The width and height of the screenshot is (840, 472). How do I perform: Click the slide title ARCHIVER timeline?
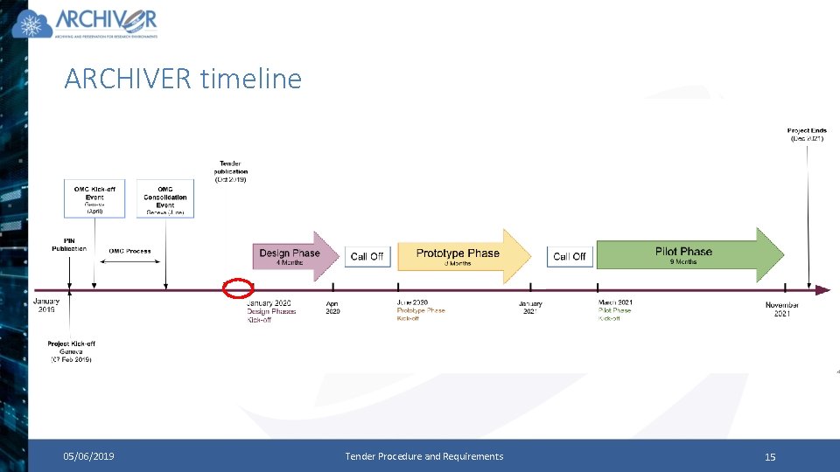tap(183, 79)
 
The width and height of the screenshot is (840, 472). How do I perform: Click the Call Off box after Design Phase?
tap(367, 256)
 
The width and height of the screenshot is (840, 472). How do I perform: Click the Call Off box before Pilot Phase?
tap(569, 256)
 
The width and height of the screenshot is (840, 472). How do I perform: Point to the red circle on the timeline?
tap(238, 288)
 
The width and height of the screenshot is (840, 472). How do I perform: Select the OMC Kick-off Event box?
tap(94, 198)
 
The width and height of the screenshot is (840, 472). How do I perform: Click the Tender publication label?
tap(231, 171)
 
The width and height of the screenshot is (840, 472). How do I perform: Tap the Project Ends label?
tap(807, 135)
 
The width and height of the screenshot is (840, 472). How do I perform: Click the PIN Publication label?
tap(69, 244)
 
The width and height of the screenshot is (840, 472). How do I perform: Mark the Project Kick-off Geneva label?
tap(71, 351)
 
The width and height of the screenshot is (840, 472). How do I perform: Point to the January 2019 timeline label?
tap(45, 305)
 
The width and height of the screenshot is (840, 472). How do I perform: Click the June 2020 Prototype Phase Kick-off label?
tap(421, 310)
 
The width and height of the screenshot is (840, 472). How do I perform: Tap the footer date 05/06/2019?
tap(88, 456)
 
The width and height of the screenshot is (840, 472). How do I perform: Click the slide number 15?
tap(770, 456)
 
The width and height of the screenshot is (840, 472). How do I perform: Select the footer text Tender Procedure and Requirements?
tap(424, 456)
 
